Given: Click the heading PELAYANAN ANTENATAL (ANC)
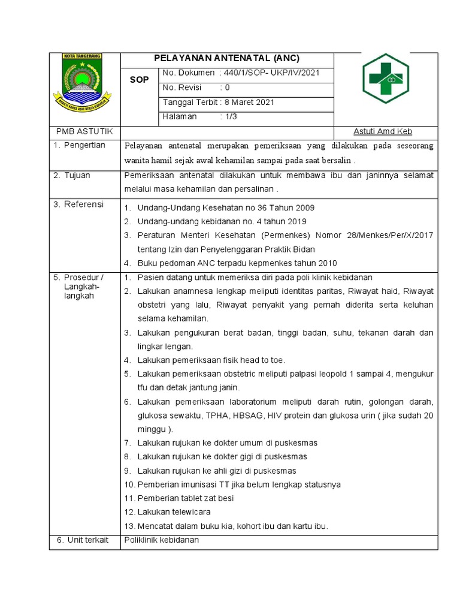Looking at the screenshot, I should tap(226, 59).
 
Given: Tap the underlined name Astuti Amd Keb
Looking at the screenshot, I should tap(383, 132).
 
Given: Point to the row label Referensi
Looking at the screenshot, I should tap(81, 204).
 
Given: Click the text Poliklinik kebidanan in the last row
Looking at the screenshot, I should tap(161, 540).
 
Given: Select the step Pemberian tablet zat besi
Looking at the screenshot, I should tap(185, 498).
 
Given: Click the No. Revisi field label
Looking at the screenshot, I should tap(182, 88).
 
